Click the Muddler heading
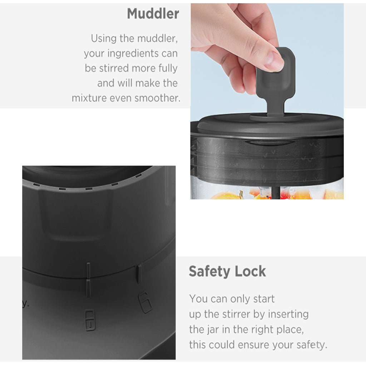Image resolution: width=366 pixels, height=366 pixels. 153,14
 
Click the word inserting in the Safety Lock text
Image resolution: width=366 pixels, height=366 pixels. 288,315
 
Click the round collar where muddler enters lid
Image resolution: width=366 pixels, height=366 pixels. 276,117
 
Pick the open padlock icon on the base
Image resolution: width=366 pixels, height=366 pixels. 145,302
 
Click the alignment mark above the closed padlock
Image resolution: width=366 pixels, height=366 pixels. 88,280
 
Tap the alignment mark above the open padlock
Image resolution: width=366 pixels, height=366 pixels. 139,274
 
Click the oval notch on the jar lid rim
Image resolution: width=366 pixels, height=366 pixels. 269,143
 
